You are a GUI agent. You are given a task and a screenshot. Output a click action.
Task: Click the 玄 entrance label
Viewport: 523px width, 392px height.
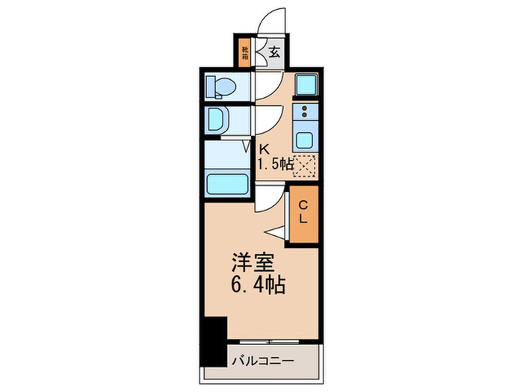point(274,52)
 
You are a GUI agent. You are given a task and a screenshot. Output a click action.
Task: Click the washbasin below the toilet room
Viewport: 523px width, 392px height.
point(219,119)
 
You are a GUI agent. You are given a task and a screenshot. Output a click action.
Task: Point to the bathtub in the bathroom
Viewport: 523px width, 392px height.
point(226,182)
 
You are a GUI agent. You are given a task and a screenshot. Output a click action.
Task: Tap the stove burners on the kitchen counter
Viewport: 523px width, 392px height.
point(306,113)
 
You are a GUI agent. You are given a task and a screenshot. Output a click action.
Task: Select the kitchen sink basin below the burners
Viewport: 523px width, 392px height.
point(306,138)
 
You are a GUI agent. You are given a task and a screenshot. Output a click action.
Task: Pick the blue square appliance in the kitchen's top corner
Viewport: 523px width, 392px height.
point(306,85)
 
